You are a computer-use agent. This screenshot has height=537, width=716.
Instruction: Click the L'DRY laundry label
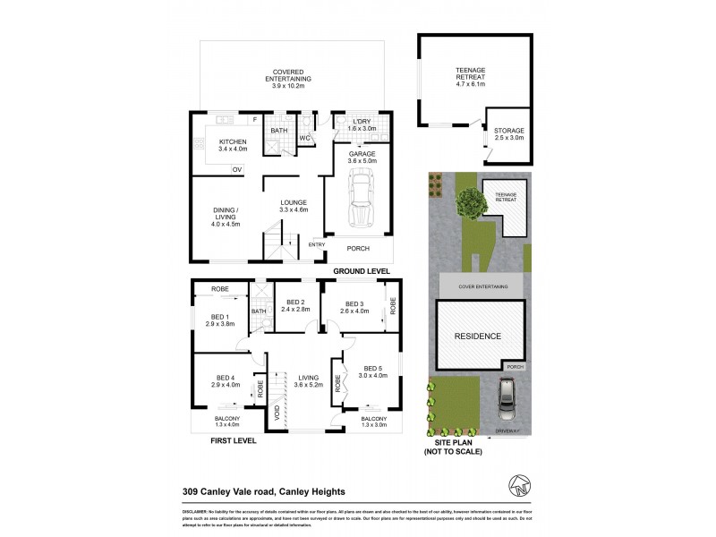coord(362,125)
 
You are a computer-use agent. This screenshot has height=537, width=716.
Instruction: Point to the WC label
coord(304,139)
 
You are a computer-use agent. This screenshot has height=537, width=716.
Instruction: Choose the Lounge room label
coord(294,206)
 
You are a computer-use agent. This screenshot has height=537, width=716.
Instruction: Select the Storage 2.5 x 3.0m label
coord(509,135)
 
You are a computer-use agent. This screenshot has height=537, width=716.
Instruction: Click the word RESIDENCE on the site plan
coord(479,337)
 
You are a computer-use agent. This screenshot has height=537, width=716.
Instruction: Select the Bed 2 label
coord(292,306)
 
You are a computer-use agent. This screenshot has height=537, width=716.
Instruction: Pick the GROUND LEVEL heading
coord(362,270)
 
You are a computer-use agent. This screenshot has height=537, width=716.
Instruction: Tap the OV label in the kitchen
coord(237,169)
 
